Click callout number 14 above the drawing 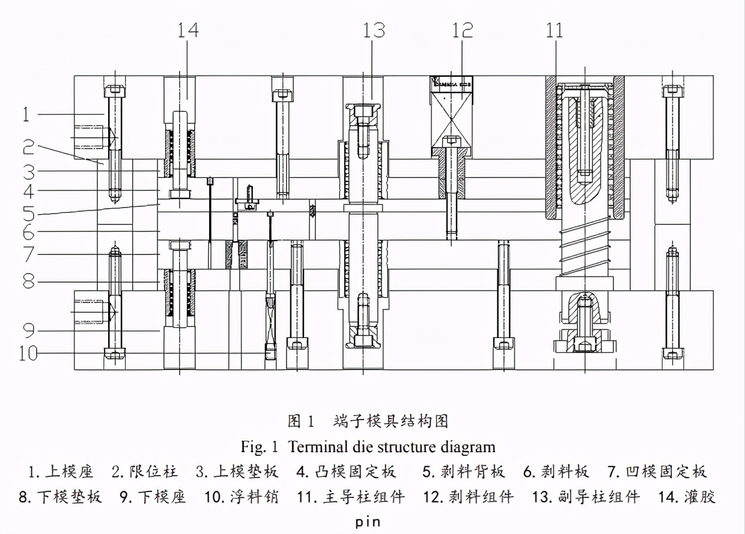(187, 30)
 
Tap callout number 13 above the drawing (374, 30)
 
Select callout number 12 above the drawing (463, 30)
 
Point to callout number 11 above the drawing (554, 30)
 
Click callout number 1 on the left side (26, 114)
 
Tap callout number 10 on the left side (27, 353)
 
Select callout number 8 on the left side (28, 281)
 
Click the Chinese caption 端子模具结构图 (391, 421)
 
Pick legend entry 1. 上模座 (61, 471)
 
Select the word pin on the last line (367, 521)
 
